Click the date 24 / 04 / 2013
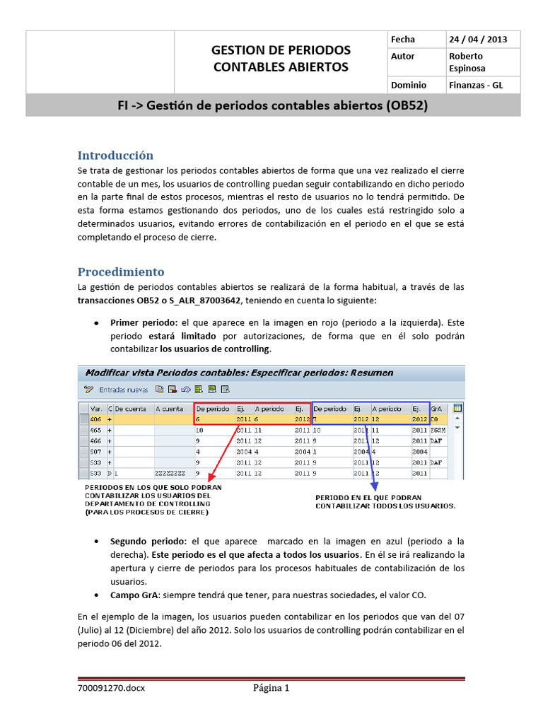coord(477,40)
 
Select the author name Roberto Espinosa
coord(467,62)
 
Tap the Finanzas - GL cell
coord(476,86)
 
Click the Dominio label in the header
coord(408,86)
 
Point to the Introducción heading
coord(115,156)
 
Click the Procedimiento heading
coord(121,271)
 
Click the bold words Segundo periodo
coord(146,542)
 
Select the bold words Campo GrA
coord(134,595)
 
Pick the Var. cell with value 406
coord(96,419)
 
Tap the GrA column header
coord(438,409)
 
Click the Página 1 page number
coord(271,688)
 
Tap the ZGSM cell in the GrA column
coord(439,430)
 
